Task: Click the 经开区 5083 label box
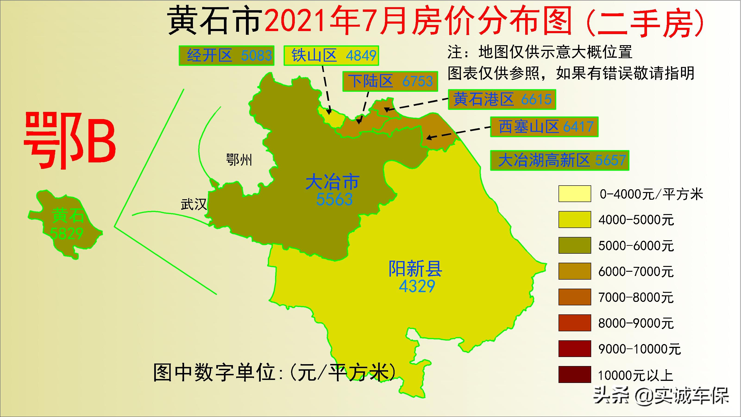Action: point(226,56)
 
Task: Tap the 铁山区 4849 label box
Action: point(331,56)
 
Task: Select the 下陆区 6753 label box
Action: point(390,82)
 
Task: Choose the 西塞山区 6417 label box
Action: point(544,127)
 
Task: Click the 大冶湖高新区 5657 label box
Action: point(559,160)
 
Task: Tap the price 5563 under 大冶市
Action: point(334,199)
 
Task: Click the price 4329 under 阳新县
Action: point(417,286)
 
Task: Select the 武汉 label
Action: point(194,205)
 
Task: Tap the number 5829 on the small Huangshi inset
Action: point(66,233)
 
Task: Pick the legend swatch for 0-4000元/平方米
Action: point(575,194)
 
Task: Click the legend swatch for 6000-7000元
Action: point(575,271)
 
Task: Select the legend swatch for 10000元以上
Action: point(575,374)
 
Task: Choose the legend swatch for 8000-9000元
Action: point(575,323)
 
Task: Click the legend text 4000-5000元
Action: point(636,220)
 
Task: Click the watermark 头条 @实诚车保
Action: point(661,396)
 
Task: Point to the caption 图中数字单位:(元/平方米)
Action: point(275,372)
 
